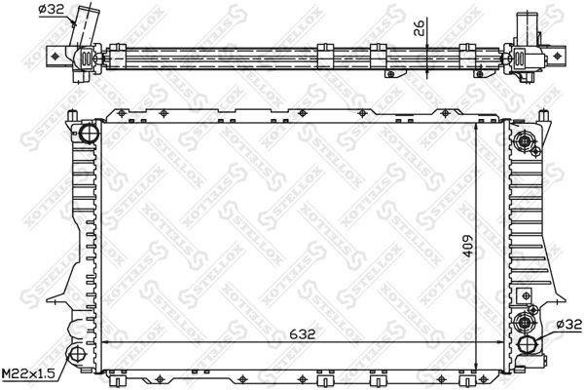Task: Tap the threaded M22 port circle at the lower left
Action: click(x=77, y=355)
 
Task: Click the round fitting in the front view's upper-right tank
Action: click(x=527, y=142)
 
